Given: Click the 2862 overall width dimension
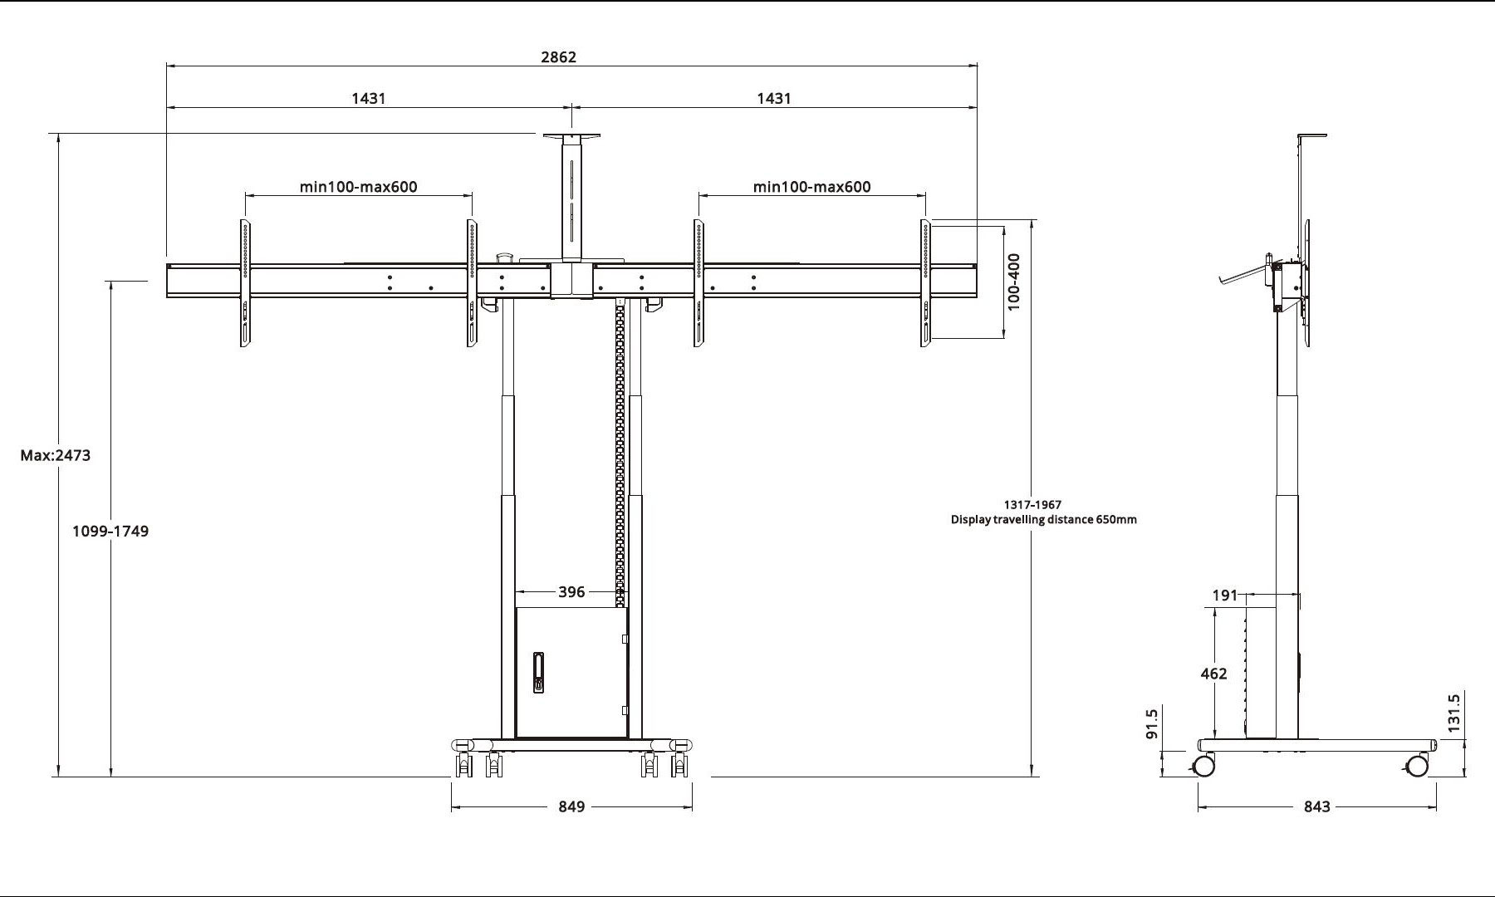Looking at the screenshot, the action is tap(558, 57).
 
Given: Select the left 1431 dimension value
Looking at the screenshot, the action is tap(369, 99).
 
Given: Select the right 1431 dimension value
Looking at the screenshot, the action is tap(774, 99).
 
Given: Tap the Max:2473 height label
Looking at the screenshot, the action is tap(56, 455).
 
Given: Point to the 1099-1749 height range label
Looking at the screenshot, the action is tap(110, 532).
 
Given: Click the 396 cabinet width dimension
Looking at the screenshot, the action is tap(571, 592).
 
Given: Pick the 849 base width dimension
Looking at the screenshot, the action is tap(571, 806).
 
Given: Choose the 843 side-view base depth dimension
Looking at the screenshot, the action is tap(1317, 806).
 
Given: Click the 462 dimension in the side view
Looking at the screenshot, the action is tap(1213, 674).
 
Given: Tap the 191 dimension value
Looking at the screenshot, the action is tap(1225, 596).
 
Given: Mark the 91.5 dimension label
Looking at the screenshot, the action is tap(1151, 723).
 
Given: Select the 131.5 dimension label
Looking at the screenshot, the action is tap(1453, 713).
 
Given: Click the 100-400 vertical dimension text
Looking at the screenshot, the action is tap(1014, 282).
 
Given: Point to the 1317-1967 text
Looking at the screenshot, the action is tap(1032, 504).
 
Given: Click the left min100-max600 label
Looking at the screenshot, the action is tap(359, 187).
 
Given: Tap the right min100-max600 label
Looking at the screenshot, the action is tap(812, 187).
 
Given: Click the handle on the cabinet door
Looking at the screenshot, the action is tap(538, 673).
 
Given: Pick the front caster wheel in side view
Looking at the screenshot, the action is tap(1417, 765).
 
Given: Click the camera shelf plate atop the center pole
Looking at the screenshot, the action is tap(571, 135).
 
